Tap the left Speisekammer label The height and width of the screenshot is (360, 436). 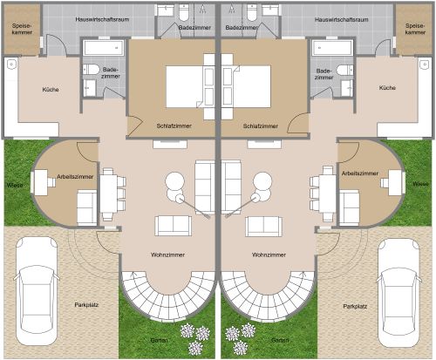click(x=22, y=29)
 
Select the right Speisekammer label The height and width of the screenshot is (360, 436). click(x=415, y=29)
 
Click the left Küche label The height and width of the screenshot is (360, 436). click(x=51, y=90)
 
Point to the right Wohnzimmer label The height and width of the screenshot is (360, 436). click(x=269, y=255)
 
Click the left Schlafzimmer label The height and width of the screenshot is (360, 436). click(x=174, y=126)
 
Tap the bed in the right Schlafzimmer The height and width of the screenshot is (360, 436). click(x=247, y=86)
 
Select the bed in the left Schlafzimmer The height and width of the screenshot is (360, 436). click(x=190, y=86)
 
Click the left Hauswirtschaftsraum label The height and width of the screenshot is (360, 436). click(x=102, y=20)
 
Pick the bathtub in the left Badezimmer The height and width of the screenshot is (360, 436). click(x=104, y=48)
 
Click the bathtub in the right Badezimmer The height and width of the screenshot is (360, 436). click(x=332, y=48)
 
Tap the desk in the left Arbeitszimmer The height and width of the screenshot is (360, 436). click(x=40, y=182)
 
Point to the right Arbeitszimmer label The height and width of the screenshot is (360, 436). click(x=360, y=173)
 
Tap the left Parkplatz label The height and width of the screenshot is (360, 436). click(x=86, y=305)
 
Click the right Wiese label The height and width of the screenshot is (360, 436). click(x=420, y=184)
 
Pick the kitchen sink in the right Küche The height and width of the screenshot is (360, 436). click(x=426, y=64)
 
